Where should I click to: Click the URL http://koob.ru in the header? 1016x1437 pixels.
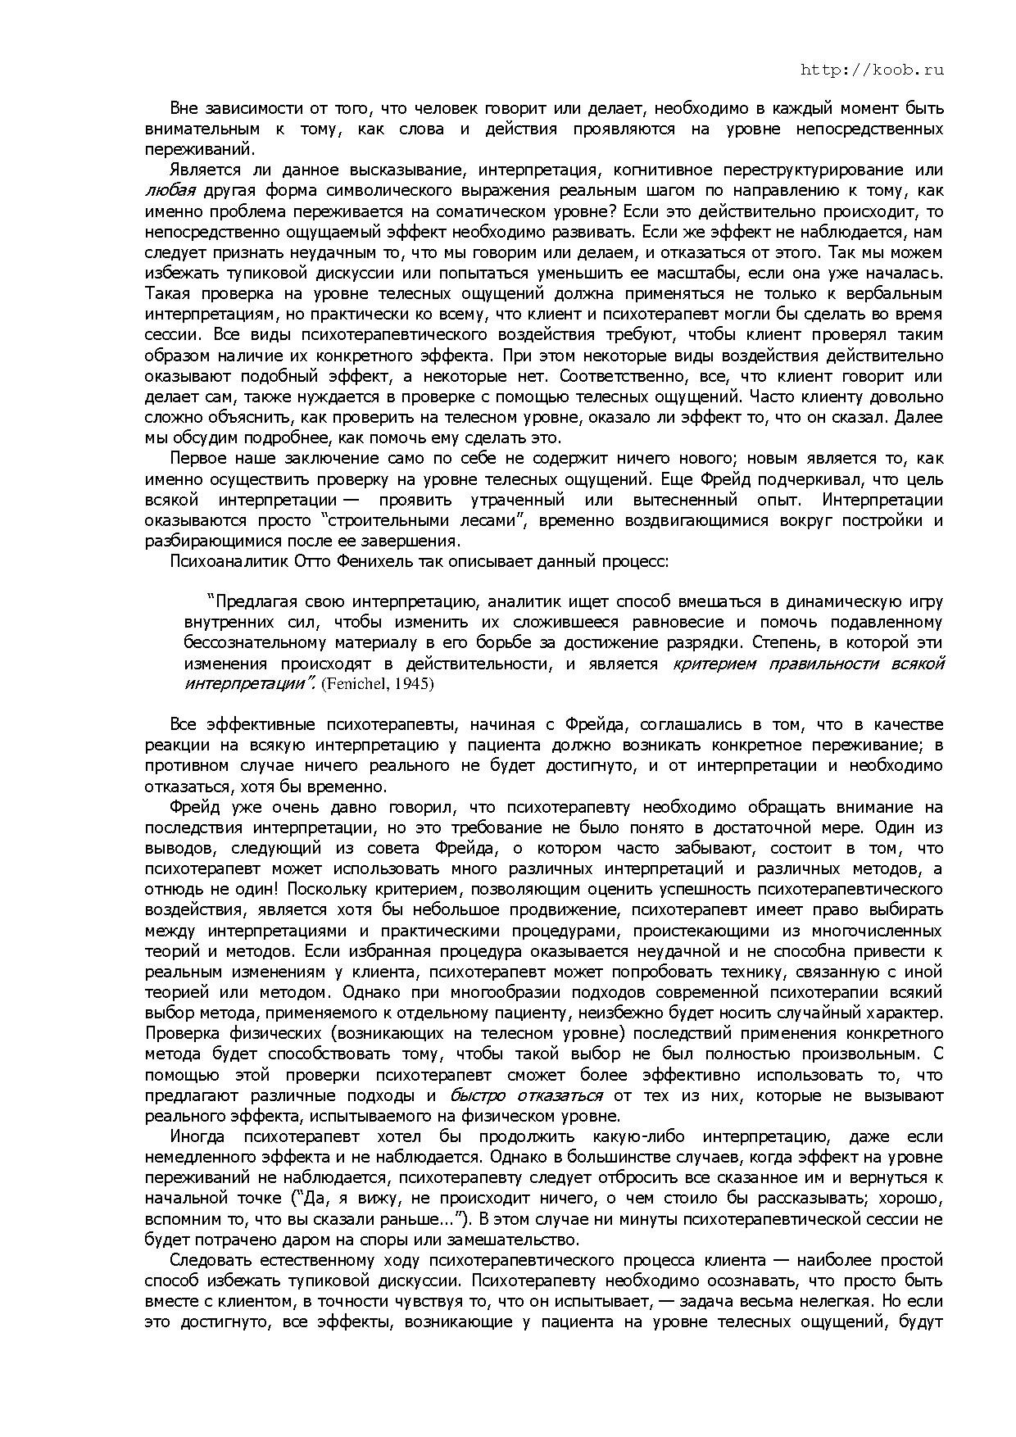coord(872,70)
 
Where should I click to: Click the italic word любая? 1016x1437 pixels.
coord(170,191)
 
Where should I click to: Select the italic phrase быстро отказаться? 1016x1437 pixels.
coord(526,1095)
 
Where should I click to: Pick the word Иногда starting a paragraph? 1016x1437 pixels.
coord(196,1136)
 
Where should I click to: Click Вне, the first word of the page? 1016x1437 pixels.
coord(184,108)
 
